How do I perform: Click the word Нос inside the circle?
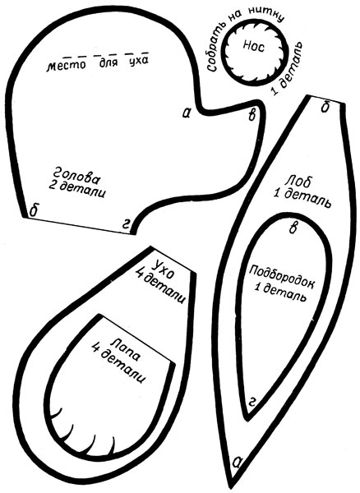click(x=254, y=48)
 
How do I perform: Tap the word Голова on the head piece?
click(x=77, y=176)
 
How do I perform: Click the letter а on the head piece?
click(x=187, y=113)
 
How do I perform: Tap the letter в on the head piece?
click(x=252, y=116)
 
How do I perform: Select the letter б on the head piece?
click(x=34, y=210)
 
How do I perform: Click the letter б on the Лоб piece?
click(x=325, y=107)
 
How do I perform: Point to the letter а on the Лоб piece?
click(x=238, y=462)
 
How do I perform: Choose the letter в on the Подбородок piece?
click(x=293, y=228)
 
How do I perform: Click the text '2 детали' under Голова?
click(x=76, y=190)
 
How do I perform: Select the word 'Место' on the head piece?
click(x=66, y=66)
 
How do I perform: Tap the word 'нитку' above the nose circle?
click(x=266, y=14)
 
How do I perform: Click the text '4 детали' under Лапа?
click(x=119, y=364)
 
